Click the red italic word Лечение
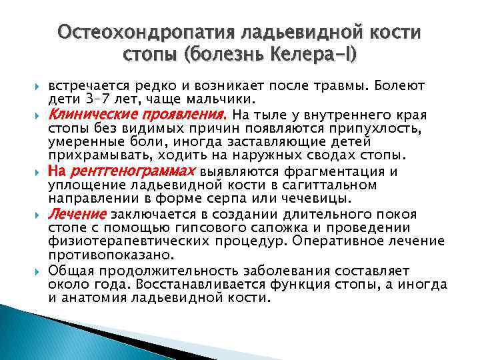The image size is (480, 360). click(x=77, y=215)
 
